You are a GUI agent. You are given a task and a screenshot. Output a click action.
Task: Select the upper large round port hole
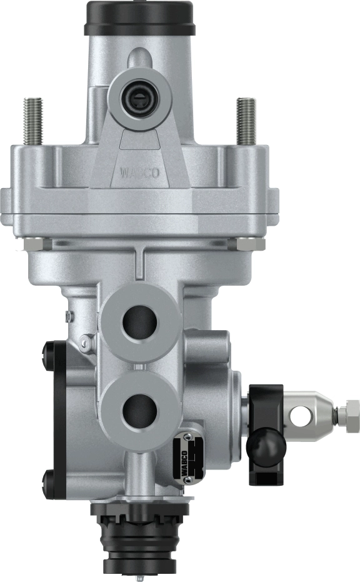140,322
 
